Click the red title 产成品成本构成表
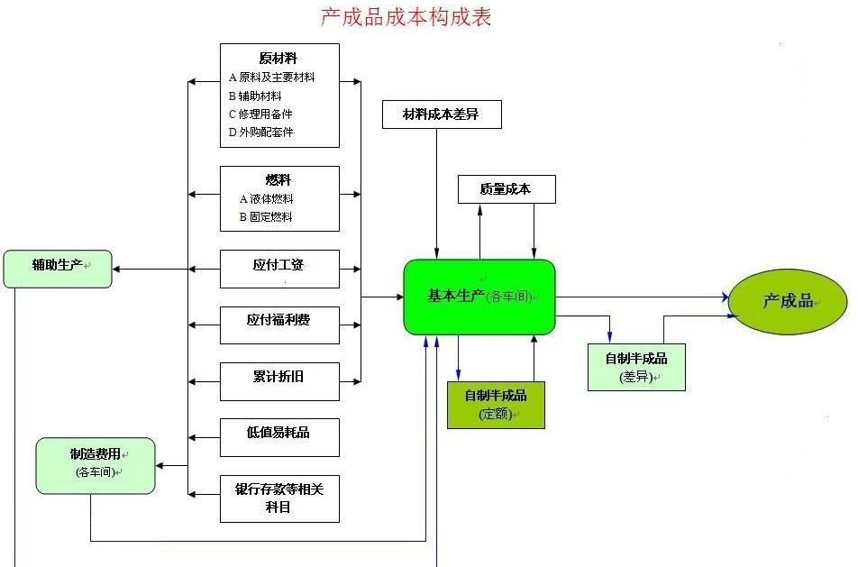[x=406, y=16]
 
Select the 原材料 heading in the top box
[x=278, y=58]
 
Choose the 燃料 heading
[x=278, y=180]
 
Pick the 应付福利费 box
[x=279, y=320]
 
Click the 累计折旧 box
[x=279, y=377]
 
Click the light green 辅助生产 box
[x=58, y=268]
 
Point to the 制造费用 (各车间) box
[x=96, y=465]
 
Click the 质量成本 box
[x=506, y=189]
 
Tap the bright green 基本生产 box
[x=479, y=297]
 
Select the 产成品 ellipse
[x=788, y=302]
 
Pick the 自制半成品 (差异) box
[x=636, y=367]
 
